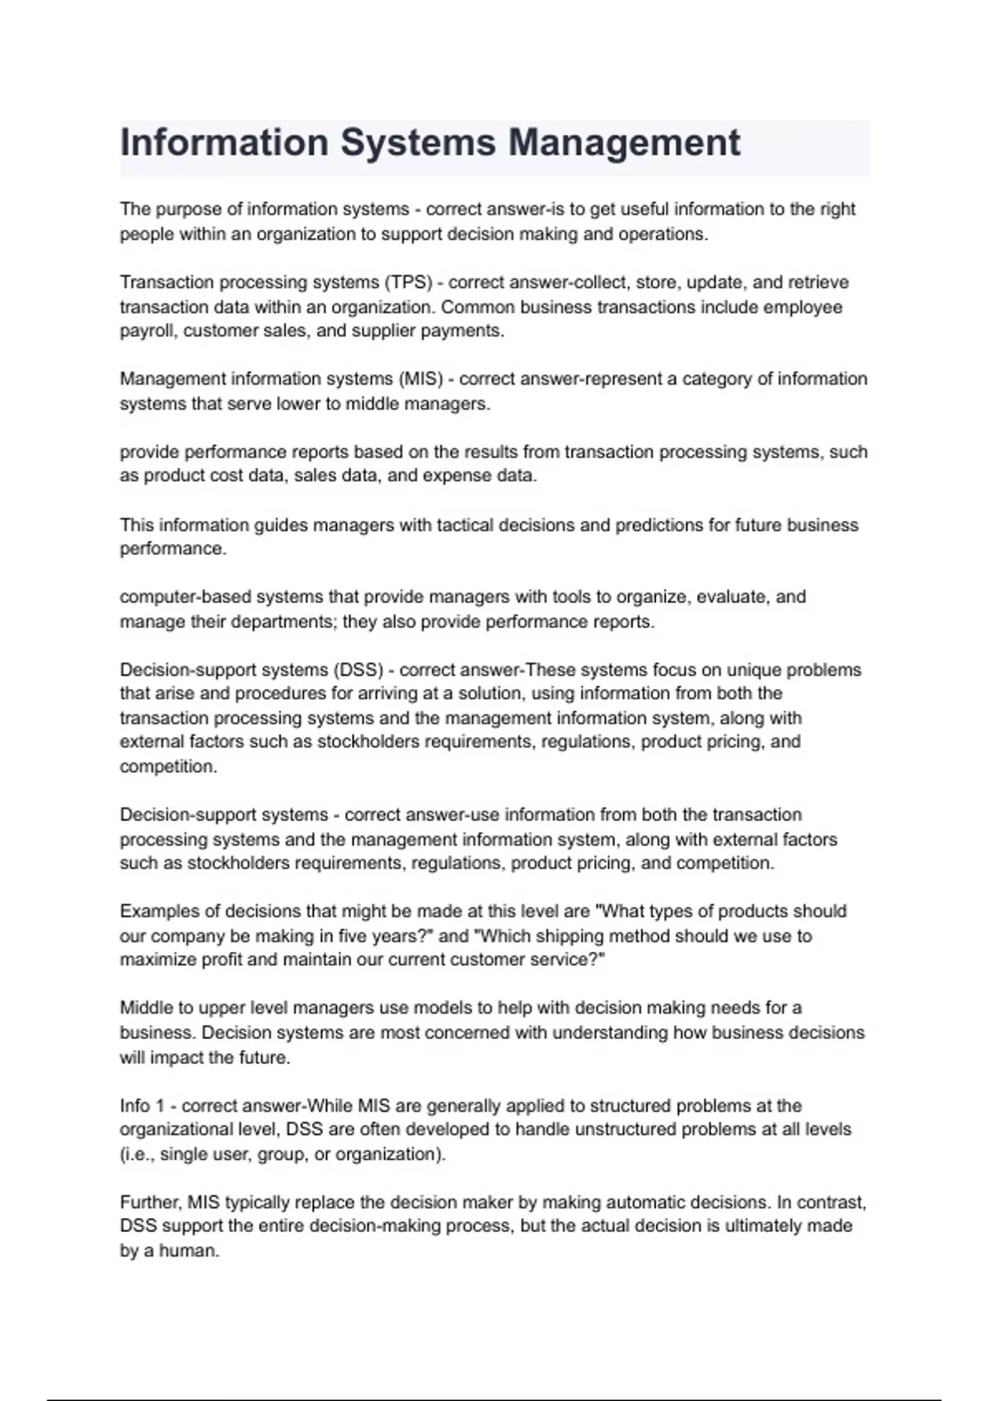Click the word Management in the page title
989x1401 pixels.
624,143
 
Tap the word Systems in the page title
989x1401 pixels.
418,143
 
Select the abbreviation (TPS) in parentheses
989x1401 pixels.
408,283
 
